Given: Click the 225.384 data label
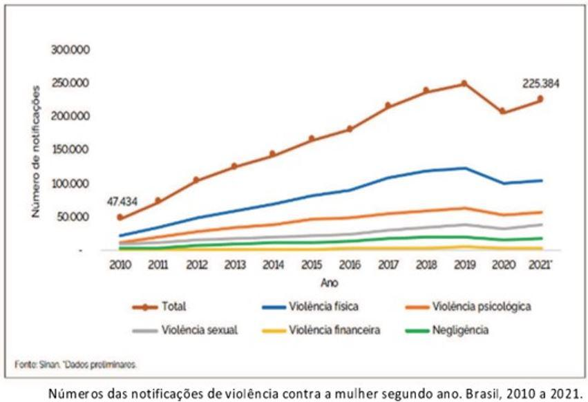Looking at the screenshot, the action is (541, 84).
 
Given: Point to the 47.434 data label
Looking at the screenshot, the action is (122, 202).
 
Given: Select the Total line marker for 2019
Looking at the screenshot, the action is (464, 84).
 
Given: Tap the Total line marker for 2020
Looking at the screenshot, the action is (502, 111).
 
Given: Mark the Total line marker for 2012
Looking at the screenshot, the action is (196, 180).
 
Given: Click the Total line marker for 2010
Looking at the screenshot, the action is (120, 217).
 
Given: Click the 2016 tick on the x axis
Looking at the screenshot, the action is (350, 265).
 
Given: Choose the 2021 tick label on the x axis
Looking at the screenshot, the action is (540, 265).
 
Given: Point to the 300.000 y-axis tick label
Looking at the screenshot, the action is (70, 50).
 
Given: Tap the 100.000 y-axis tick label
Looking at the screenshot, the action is (70, 184).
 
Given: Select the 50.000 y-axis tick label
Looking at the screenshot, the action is (73, 217).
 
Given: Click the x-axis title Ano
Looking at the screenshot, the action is (330, 283).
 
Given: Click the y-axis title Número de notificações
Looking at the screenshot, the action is (36, 151).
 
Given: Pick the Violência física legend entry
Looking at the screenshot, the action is (310, 307).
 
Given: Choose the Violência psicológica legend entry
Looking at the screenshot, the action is (468, 307).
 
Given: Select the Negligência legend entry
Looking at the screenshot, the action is (447, 330).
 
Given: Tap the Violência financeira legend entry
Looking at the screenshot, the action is (321, 330).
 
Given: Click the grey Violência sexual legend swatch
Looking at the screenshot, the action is (145, 331).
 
